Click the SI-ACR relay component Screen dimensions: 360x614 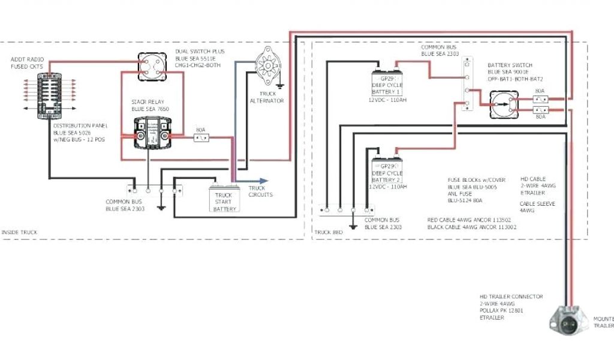click(151, 131)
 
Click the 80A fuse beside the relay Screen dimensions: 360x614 click(201, 138)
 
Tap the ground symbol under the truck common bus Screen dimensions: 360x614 click(161, 208)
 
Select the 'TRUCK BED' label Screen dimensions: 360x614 click(328, 232)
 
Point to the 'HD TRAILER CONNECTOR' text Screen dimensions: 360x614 click(511, 296)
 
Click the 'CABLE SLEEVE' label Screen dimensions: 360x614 click(537, 204)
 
